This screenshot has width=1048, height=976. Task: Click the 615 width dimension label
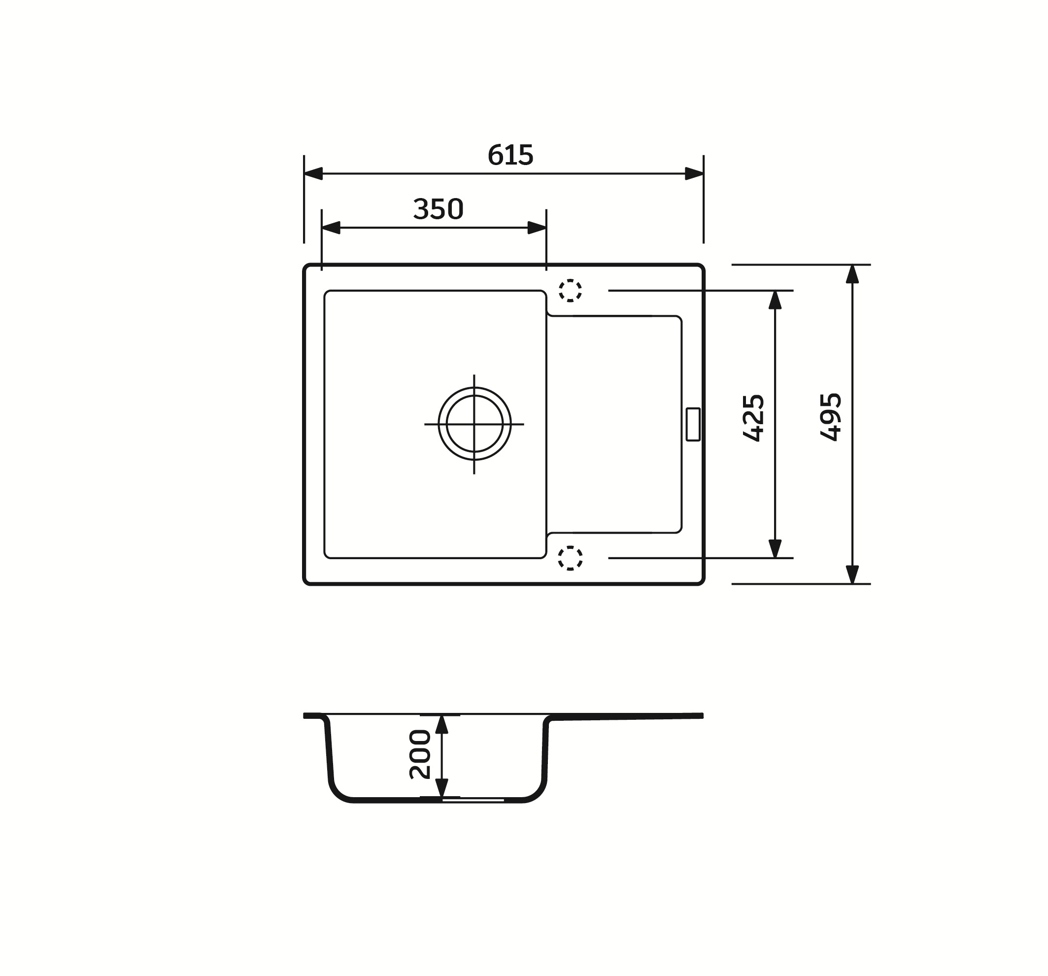coord(510,155)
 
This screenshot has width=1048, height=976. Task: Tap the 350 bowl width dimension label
coord(438,209)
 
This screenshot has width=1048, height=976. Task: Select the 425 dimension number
coord(753,418)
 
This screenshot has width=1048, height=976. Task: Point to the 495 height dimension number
coord(830,416)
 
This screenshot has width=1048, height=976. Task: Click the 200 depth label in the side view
coord(420,755)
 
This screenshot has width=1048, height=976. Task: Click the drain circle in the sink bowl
coord(474,424)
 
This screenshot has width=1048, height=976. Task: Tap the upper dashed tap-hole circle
coord(570,290)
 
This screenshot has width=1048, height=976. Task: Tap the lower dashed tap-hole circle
coord(570,558)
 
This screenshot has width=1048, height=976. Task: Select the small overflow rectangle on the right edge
coord(693,424)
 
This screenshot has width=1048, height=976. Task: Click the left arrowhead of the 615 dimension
coord(313,173)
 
